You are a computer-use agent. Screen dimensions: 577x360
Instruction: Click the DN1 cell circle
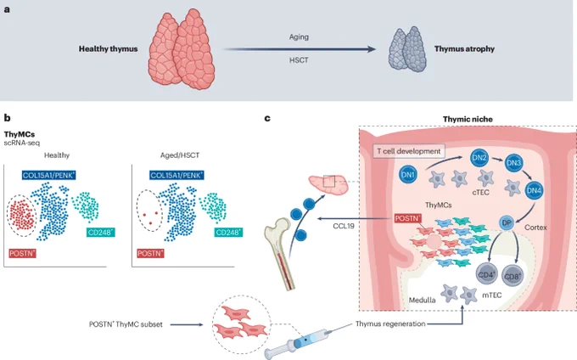click(408, 175)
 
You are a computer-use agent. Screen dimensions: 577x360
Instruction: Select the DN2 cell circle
click(479, 158)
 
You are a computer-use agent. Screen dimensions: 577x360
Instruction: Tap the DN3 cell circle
click(513, 163)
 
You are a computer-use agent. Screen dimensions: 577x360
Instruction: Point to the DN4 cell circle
click(534, 190)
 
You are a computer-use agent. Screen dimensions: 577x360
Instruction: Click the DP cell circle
click(507, 223)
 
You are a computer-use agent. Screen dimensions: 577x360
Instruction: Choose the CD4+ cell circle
click(487, 275)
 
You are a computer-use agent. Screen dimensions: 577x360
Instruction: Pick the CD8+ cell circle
click(513, 276)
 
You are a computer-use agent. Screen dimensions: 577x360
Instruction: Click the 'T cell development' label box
click(409, 151)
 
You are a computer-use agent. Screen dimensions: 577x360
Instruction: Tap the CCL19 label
click(344, 226)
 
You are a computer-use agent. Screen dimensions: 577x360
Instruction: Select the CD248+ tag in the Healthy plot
click(101, 233)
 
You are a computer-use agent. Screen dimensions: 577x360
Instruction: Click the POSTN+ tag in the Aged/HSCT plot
click(150, 253)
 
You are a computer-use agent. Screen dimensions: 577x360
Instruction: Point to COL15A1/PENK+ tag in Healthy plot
click(48, 175)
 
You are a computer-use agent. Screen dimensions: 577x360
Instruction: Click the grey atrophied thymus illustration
click(407, 49)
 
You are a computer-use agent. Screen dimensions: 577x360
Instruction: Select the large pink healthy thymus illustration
click(182, 49)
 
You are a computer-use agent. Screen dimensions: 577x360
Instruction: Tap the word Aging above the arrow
click(299, 37)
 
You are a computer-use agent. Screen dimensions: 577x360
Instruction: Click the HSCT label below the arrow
click(299, 60)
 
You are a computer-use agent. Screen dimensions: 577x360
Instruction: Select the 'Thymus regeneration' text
click(390, 324)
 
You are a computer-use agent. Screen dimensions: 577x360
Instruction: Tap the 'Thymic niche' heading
click(468, 119)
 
